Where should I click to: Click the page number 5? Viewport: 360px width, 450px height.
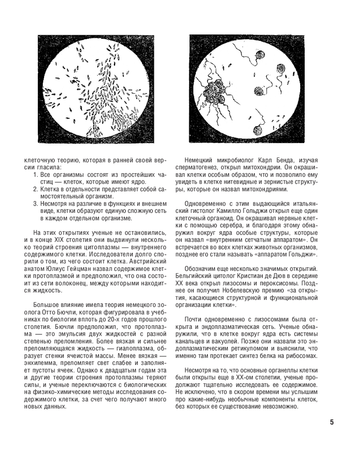click(332, 422)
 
